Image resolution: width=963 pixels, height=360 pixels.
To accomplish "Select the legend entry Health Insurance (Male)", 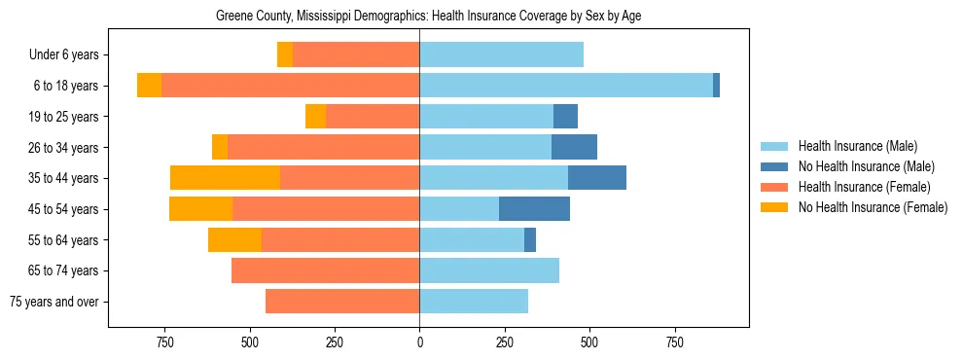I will (x=857, y=146).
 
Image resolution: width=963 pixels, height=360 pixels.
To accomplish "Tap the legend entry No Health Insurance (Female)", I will (x=873, y=207).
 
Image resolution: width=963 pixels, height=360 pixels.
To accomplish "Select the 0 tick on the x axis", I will (x=419, y=342).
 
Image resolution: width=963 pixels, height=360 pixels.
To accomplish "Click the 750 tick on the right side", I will (x=673, y=342).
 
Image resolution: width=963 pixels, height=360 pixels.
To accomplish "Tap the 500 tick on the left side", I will (x=250, y=342).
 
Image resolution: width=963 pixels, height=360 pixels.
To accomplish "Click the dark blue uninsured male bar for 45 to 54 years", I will (x=534, y=209).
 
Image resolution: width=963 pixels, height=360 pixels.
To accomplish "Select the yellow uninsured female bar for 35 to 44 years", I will (x=225, y=178).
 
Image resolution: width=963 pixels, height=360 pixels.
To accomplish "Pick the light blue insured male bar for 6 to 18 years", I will (x=565, y=86).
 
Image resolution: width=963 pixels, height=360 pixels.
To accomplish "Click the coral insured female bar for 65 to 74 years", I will (x=325, y=270).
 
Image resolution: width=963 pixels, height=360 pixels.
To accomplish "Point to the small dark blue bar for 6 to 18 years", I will (x=716, y=86).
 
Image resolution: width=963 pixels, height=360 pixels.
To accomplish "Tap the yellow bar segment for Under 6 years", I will (x=285, y=55).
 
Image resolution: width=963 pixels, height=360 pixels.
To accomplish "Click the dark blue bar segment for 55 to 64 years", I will (x=530, y=239).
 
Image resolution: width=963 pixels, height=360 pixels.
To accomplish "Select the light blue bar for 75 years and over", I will (x=474, y=302).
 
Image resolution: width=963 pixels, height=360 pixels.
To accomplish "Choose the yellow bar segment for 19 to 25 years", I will (x=315, y=117).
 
